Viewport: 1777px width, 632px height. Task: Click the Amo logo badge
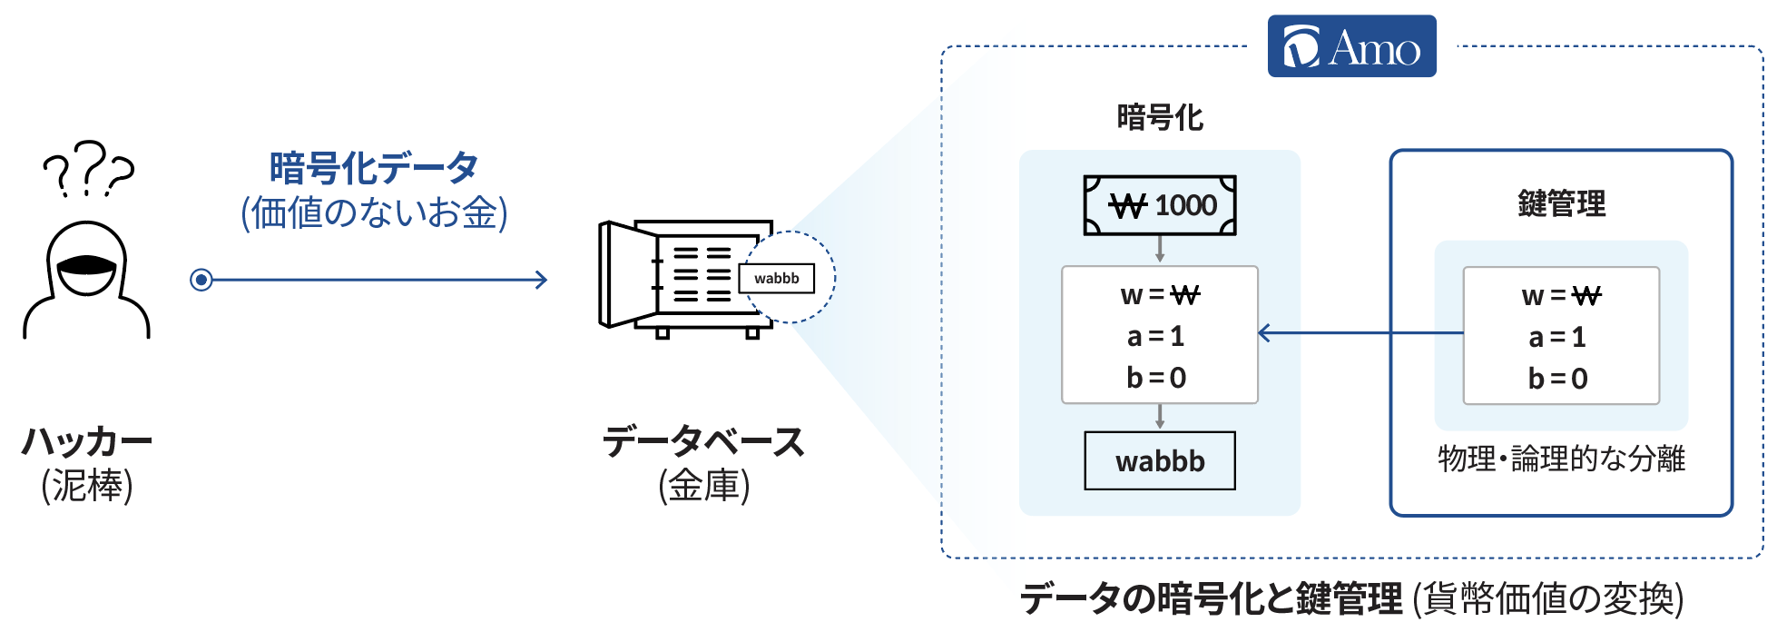point(1351,46)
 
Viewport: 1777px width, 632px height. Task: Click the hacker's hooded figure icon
point(86,281)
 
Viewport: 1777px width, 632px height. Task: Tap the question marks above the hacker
point(88,168)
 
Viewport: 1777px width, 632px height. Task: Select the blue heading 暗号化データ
point(374,168)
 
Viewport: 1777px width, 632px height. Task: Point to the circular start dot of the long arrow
point(201,280)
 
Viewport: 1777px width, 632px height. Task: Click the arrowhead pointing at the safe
point(541,280)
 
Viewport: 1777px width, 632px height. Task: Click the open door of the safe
point(627,274)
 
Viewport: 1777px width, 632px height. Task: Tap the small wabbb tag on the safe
point(777,278)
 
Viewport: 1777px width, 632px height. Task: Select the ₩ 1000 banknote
point(1160,205)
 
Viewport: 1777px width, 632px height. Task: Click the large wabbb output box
point(1160,460)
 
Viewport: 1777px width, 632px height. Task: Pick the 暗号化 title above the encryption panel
point(1160,117)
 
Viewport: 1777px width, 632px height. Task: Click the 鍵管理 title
point(1561,203)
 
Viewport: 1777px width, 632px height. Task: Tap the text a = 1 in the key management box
point(1558,337)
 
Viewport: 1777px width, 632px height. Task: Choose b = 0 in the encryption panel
point(1157,377)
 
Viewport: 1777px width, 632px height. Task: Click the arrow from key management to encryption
point(1360,333)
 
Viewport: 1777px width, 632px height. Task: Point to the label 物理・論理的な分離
point(1561,459)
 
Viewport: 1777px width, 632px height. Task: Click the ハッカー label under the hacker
point(87,442)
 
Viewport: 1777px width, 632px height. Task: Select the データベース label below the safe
point(703,442)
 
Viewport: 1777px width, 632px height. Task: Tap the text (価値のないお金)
point(374,212)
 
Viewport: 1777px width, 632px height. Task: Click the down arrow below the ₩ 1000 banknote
point(1160,249)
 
